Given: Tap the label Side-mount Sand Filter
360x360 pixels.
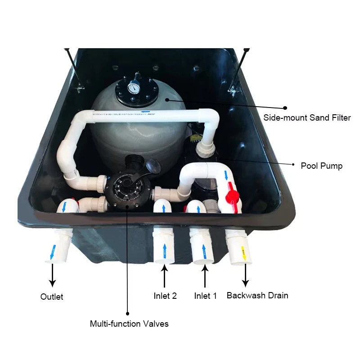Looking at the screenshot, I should click(x=307, y=118).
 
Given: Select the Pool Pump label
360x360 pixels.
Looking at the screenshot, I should click(x=321, y=166).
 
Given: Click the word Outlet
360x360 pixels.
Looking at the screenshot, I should click(x=52, y=297).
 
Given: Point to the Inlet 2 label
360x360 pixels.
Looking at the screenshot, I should click(x=165, y=296).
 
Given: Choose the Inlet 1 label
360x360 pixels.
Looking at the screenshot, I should click(x=205, y=296).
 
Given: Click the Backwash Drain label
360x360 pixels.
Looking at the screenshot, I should click(x=257, y=296).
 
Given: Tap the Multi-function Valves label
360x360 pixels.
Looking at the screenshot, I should click(x=129, y=324).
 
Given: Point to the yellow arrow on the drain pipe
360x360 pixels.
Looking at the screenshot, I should click(x=243, y=252).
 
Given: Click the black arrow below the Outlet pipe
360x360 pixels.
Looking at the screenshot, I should click(x=53, y=275).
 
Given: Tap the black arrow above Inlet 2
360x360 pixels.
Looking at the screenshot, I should click(x=165, y=275).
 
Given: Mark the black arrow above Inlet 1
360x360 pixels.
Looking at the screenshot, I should click(x=205, y=275).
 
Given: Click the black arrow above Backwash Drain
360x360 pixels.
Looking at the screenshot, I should click(x=246, y=275).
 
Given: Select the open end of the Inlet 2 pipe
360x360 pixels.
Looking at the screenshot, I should click(x=163, y=260).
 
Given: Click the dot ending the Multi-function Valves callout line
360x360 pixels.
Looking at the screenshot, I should click(x=128, y=313).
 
